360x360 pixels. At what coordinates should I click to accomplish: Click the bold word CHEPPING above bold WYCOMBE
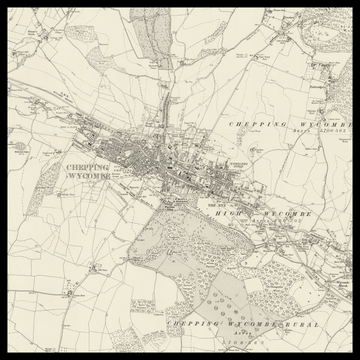tap(87, 168)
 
